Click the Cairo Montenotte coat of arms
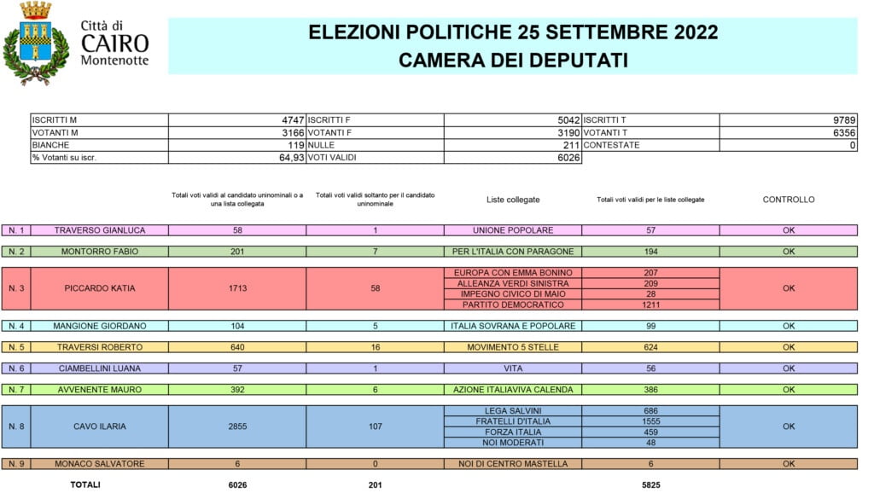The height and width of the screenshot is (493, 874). [x=36, y=43]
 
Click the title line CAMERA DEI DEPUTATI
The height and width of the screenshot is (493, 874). [x=513, y=60]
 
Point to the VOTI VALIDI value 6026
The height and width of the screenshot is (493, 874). [x=568, y=158]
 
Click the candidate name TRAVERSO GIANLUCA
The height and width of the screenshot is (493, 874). [x=100, y=230]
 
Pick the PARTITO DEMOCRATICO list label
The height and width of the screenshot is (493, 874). [x=513, y=304]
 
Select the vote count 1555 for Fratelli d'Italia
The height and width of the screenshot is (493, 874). [x=652, y=421]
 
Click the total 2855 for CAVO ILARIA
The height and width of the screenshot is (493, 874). [x=238, y=426]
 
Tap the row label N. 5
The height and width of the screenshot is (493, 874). [x=15, y=347]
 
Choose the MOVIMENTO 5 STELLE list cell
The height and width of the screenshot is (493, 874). [x=513, y=347]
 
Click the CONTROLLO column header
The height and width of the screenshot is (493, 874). [x=788, y=200]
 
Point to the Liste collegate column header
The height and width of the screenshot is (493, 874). [x=513, y=200]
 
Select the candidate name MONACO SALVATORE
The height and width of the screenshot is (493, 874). [x=100, y=464]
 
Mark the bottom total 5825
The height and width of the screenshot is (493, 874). [x=652, y=484]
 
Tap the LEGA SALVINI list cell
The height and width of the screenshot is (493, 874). [x=513, y=411]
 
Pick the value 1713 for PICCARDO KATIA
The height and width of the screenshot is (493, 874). [x=238, y=288]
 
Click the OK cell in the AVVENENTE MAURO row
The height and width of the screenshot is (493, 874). [x=788, y=390]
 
